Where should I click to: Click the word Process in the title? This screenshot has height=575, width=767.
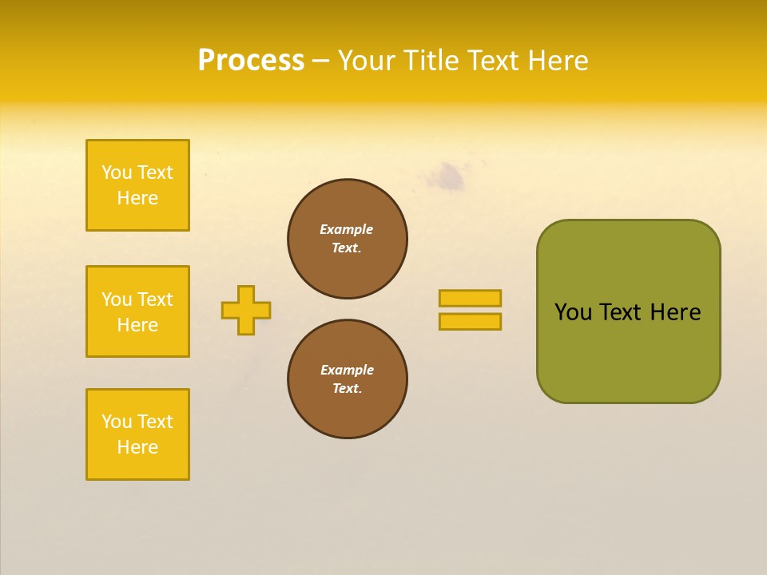pos(251,61)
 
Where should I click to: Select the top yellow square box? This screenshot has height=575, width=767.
pos(137,185)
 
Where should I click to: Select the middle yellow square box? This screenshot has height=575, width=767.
pos(137,311)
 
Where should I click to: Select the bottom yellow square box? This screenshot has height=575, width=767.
pos(137,434)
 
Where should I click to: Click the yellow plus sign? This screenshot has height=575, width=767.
pos(246,310)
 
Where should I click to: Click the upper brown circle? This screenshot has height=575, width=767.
pos(348,239)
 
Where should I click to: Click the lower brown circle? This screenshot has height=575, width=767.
pos(348,379)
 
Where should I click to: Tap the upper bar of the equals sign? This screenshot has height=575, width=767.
pos(470,298)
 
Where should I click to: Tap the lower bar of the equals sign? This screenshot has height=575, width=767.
pos(470,321)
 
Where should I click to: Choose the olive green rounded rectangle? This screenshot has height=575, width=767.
pos(628,351)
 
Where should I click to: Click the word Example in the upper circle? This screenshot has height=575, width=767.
pos(346,229)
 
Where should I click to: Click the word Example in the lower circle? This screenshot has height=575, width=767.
pos(347,370)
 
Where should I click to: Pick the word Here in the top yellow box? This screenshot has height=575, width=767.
pos(137,198)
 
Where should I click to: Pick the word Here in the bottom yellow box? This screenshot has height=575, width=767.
pos(137,447)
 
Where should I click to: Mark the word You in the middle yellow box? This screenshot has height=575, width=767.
pos(117,299)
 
